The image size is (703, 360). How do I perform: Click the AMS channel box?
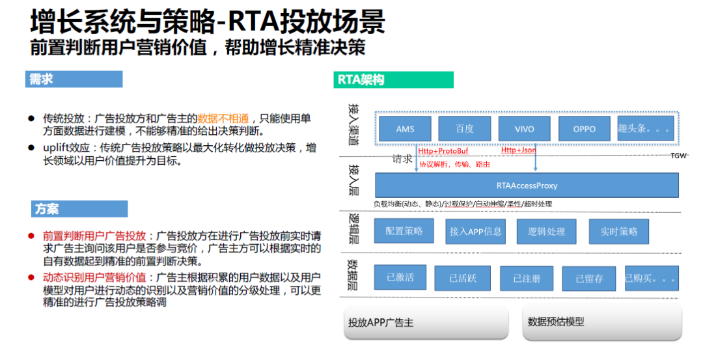405,128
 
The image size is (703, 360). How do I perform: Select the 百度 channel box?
464,128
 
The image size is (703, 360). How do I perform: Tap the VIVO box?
524,128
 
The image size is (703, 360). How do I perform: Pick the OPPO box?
584,128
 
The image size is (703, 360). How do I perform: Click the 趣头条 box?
644,128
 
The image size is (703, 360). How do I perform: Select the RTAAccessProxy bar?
527,186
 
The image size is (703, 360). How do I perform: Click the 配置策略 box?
404,231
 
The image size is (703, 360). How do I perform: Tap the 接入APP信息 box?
475,231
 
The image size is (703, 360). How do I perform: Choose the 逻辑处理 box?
546,231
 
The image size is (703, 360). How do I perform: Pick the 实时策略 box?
619,231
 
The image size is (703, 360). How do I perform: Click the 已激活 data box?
400,277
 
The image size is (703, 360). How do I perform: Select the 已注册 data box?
526,278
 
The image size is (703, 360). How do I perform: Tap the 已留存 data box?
588,279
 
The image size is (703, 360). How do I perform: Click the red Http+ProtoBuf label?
443,151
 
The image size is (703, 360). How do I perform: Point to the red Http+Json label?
518,150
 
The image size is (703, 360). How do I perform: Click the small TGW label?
678,156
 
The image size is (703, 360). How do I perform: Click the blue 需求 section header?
74,79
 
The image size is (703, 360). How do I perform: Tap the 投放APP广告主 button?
426,322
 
